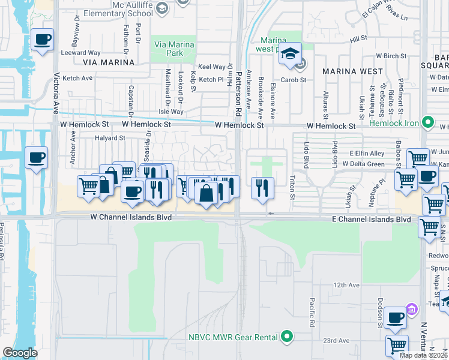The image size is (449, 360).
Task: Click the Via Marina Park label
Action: click(175, 49)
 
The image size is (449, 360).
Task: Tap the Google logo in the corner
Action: click(20, 353)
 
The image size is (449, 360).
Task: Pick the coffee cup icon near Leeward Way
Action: click(41, 40)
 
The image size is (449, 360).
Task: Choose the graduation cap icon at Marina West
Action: click(290, 53)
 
